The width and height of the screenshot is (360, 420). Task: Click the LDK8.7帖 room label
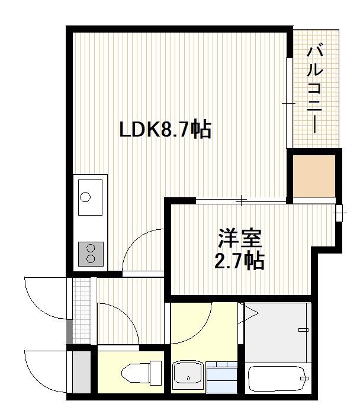click(x=165, y=129)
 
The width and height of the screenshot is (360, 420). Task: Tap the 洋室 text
click(x=239, y=239)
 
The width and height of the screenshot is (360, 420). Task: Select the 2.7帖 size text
click(x=239, y=261)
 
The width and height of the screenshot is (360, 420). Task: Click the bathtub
click(x=277, y=380)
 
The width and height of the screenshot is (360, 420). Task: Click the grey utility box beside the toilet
click(x=82, y=373)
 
